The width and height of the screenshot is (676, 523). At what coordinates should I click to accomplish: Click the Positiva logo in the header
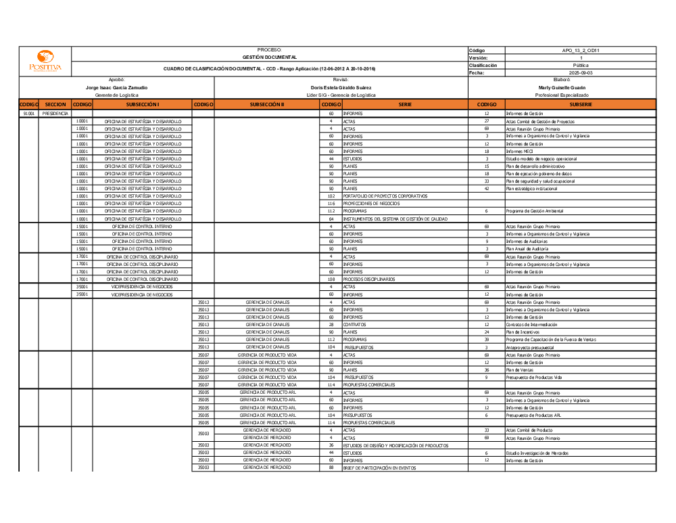[x=45, y=62]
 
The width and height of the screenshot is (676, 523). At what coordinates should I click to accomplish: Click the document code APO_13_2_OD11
[x=581, y=50]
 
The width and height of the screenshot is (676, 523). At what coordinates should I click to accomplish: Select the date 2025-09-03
[x=581, y=72]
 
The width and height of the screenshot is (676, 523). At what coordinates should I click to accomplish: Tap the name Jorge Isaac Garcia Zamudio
[x=117, y=87]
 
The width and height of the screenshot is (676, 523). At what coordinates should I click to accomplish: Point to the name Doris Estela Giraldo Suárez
[x=341, y=87]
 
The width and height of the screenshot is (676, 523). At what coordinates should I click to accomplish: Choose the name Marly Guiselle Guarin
[x=562, y=87]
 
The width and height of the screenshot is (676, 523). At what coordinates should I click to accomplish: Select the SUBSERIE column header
[x=581, y=105]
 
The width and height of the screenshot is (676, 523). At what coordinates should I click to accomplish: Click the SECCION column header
[x=55, y=105]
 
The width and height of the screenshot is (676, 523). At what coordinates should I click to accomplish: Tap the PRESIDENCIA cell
[x=55, y=114]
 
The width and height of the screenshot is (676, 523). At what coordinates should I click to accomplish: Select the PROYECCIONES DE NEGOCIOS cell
[x=371, y=204]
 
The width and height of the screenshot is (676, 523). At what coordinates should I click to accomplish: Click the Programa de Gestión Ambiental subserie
[x=534, y=211]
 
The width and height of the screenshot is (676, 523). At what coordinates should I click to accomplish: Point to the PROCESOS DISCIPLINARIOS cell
[x=369, y=279]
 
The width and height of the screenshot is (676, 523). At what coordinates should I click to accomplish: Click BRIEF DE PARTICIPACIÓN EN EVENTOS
[x=379, y=468]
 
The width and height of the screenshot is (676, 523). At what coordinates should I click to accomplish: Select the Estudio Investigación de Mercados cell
[x=537, y=453]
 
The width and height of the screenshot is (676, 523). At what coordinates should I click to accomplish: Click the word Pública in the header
[x=581, y=65]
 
